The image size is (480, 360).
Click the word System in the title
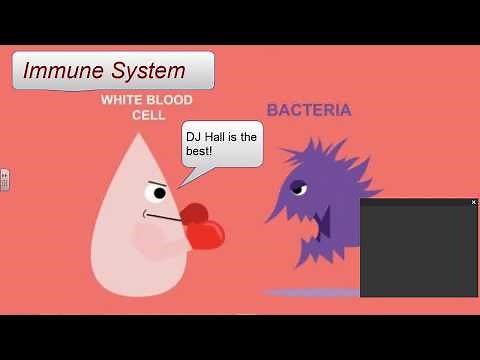pyautogui.click(x=148, y=71)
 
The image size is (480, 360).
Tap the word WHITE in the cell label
pyautogui.click(x=121, y=101)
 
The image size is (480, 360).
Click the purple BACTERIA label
pyautogui.click(x=308, y=110)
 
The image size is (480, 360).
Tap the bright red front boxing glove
pyautogui.click(x=205, y=234)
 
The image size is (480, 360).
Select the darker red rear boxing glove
pyautogui.click(x=192, y=213)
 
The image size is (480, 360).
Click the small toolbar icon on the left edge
pyautogui.click(x=4, y=180)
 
